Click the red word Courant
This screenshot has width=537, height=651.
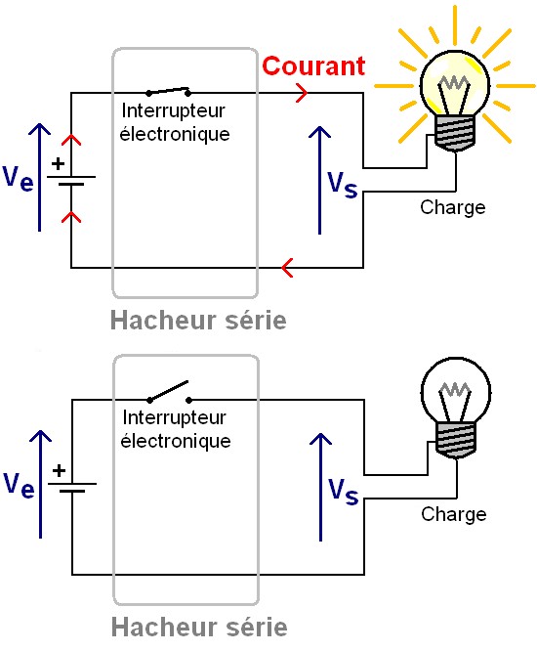pos(313,66)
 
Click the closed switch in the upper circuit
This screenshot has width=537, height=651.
pos(167,91)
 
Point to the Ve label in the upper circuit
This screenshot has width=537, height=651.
pos(21,177)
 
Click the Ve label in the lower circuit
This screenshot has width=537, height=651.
pos(21,483)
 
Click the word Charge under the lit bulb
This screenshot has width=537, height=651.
pos(452,207)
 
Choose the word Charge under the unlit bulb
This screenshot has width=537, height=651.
pos(453,514)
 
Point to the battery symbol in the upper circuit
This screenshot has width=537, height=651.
pos(71,182)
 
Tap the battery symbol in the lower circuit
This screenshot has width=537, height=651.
pos(71,485)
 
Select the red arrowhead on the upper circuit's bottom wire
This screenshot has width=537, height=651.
pos(286,266)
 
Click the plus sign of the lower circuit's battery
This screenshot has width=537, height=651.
pos(59,469)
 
